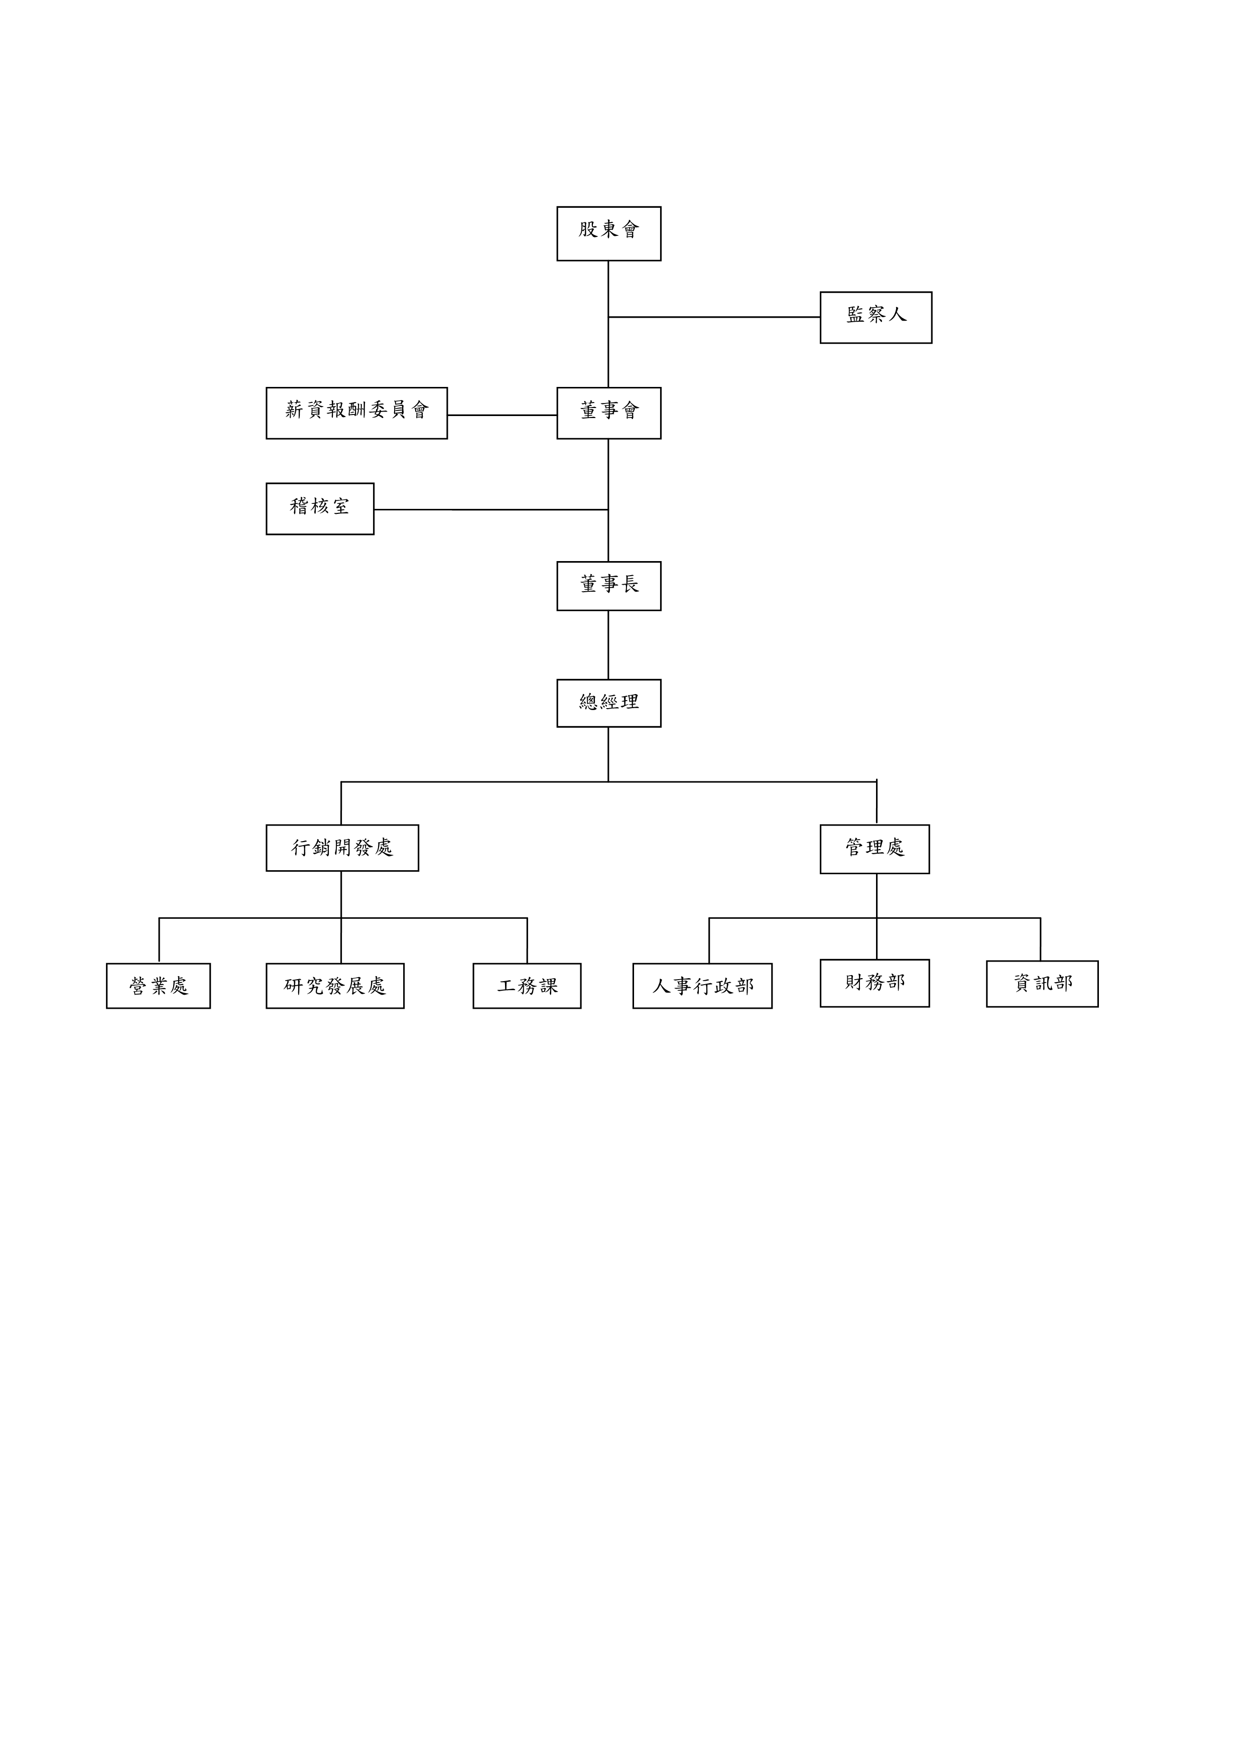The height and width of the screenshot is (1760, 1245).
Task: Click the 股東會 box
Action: pyautogui.click(x=609, y=234)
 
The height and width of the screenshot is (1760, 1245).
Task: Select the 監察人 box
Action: pyautogui.click(x=876, y=317)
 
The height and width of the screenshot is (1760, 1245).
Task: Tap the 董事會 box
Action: pyautogui.click(x=609, y=413)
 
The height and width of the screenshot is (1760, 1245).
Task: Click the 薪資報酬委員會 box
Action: pyautogui.click(x=356, y=413)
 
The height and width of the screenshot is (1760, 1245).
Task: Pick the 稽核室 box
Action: pyautogui.click(x=320, y=509)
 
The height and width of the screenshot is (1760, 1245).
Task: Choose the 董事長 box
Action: pyautogui.click(x=609, y=586)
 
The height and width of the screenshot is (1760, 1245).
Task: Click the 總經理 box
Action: pyautogui.click(x=609, y=703)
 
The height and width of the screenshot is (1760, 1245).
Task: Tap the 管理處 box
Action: pyautogui.click(x=875, y=849)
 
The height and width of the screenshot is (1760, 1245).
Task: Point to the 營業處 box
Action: pyautogui.click(x=158, y=986)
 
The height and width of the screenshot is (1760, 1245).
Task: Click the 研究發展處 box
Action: pyautogui.click(x=335, y=986)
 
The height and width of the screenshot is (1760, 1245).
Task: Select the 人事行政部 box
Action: pyautogui.click(x=702, y=986)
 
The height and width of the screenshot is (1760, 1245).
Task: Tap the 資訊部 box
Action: pyautogui.click(x=1042, y=984)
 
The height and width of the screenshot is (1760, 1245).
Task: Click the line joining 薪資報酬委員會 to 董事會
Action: pyautogui.click(x=502, y=416)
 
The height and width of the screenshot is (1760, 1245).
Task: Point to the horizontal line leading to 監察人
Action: pyautogui.click(x=714, y=317)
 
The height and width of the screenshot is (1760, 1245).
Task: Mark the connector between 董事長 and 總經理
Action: pyautogui.click(x=609, y=645)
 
